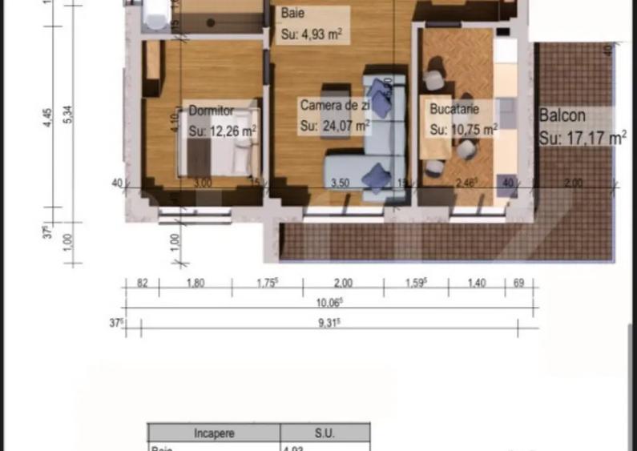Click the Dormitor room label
pyautogui.click(x=211, y=111)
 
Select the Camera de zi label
pyautogui.click(x=335, y=106)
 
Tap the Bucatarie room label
pyautogui.click(x=454, y=109)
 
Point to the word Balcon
pyautogui.click(x=562, y=115)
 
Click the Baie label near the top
pyautogui.click(x=292, y=14)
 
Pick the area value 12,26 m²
pyautogui.click(x=223, y=131)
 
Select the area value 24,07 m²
pyautogui.click(x=335, y=125)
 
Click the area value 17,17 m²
pyautogui.click(x=583, y=138)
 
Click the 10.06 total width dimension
pyautogui.click(x=329, y=302)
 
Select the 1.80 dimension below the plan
pyautogui.click(x=195, y=283)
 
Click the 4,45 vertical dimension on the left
pyautogui.click(x=48, y=117)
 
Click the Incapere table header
pyautogui.click(x=214, y=433)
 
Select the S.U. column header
pyautogui.click(x=324, y=433)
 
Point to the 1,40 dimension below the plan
pyautogui.click(x=476, y=283)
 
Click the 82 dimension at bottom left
pyautogui.click(x=143, y=283)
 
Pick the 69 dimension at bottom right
pyautogui.click(x=518, y=283)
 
